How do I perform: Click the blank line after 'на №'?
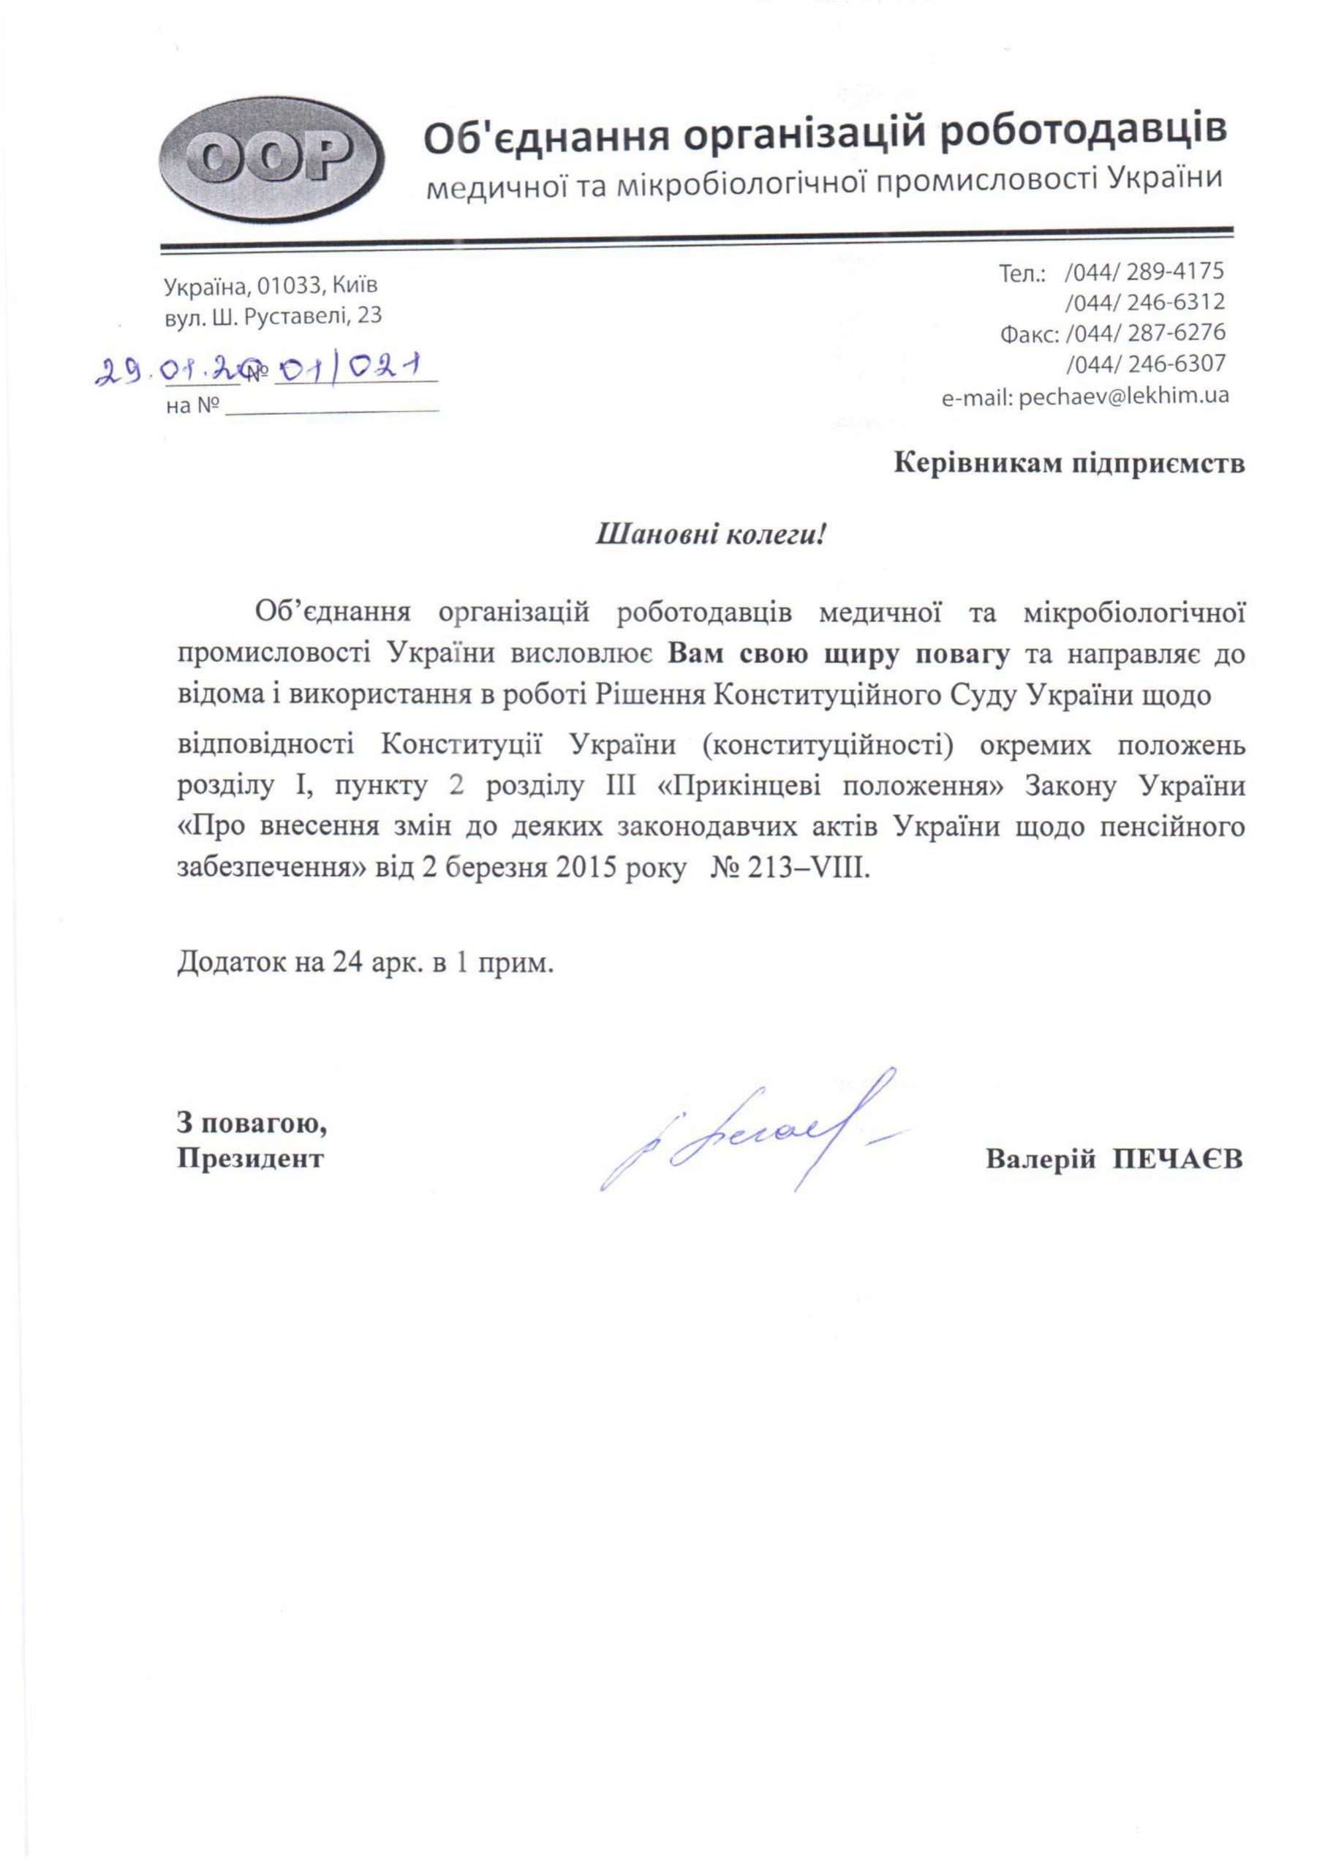tap(332, 408)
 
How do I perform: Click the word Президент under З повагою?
tap(251, 1157)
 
